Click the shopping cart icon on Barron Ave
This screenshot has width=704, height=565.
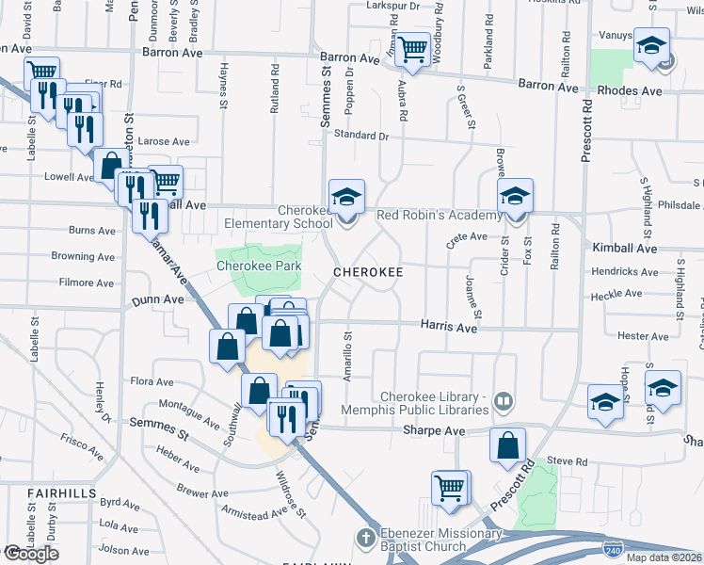click(412, 49)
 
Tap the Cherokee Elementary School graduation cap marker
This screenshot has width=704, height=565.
click(346, 197)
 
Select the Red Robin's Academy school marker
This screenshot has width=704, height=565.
click(515, 196)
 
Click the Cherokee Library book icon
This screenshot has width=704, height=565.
click(504, 402)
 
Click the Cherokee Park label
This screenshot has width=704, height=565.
click(259, 266)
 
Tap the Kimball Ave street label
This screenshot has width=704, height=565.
click(625, 248)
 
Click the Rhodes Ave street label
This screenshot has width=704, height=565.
click(632, 91)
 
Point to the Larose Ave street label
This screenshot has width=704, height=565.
click(164, 142)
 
